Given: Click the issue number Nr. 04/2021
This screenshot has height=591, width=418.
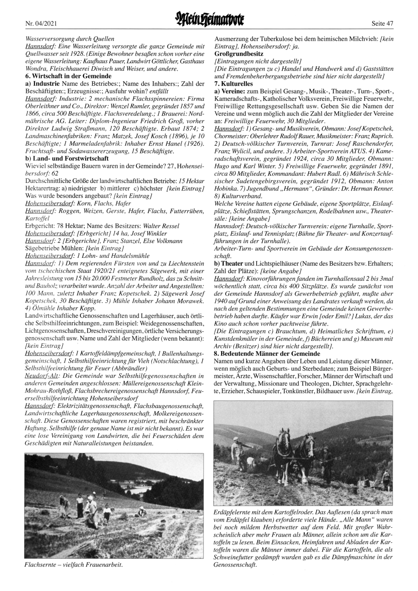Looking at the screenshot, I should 41,23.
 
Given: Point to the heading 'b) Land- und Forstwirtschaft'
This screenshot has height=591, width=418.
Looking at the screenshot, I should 67,159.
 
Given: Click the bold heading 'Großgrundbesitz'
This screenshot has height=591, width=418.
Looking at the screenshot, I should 239,54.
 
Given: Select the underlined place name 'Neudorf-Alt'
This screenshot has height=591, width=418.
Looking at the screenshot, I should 41,375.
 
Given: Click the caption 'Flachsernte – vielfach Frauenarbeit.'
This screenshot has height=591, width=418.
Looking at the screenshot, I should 74,565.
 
